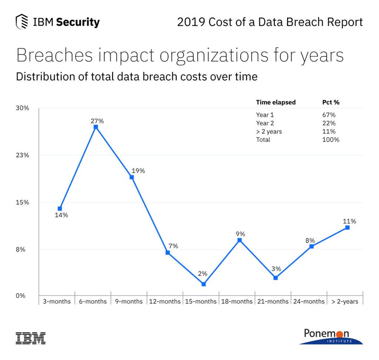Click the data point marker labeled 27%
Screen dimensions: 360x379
(x=95, y=127)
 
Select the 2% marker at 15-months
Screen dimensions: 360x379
(x=204, y=284)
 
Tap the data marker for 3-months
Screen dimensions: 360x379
(x=60, y=209)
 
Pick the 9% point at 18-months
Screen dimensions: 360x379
(x=239, y=240)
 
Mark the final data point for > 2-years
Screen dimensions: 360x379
(x=348, y=228)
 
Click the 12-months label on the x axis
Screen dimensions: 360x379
(x=165, y=302)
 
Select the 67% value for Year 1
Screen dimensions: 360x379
(x=329, y=115)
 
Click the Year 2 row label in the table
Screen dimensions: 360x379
(x=265, y=123)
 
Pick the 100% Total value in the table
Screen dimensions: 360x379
(x=331, y=139)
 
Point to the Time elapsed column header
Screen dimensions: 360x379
(x=276, y=102)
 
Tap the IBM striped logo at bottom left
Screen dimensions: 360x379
(x=30, y=338)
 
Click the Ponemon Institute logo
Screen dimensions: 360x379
(x=331, y=336)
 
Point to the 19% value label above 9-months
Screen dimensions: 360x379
(x=138, y=171)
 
